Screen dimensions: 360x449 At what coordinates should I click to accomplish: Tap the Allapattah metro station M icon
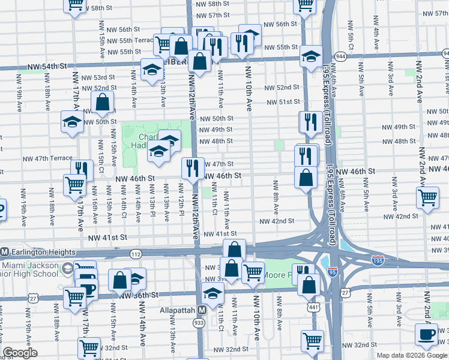click(x=202, y=310)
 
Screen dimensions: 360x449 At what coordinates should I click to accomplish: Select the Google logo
click(x=20, y=352)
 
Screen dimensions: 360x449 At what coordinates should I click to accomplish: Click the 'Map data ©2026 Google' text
click(x=412, y=355)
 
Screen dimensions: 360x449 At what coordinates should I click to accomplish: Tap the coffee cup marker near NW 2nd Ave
click(x=427, y=334)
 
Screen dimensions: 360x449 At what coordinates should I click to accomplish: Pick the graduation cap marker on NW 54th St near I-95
click(x=310, y=56)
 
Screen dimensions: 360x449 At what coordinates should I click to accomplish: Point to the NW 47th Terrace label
click(x=47, y=159)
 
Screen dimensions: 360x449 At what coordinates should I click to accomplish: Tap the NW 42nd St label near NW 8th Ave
click(x=276, y=221)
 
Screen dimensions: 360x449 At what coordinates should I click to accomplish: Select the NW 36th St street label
click(x=138, y=295)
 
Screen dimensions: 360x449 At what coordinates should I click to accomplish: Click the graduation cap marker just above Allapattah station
click(x=212, y=293)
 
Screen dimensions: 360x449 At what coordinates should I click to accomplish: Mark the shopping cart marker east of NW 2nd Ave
click(x=427, y=197)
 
